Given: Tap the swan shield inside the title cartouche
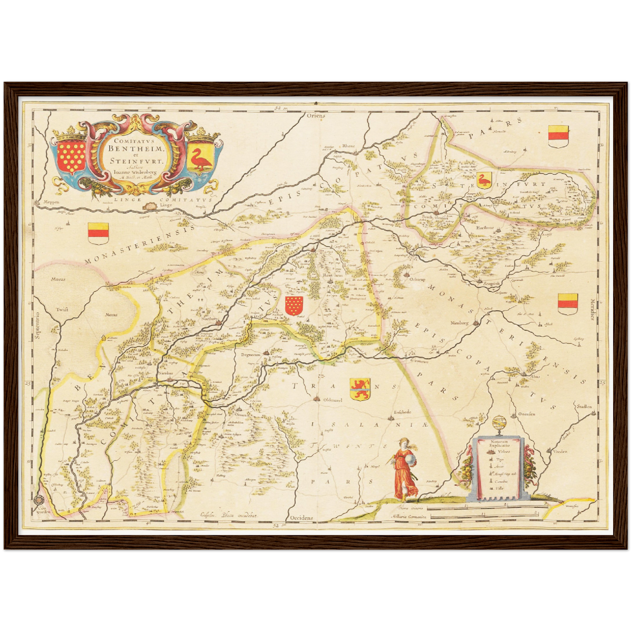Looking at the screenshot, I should coord(201,159).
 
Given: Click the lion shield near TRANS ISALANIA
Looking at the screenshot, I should coord(360,389).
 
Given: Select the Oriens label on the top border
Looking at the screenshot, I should coord(316,116).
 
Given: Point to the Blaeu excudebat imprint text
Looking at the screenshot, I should coord(229,515).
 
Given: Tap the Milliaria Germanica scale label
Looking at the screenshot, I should coord(409,517).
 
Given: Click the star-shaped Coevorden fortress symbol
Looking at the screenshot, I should coord(37,499).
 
